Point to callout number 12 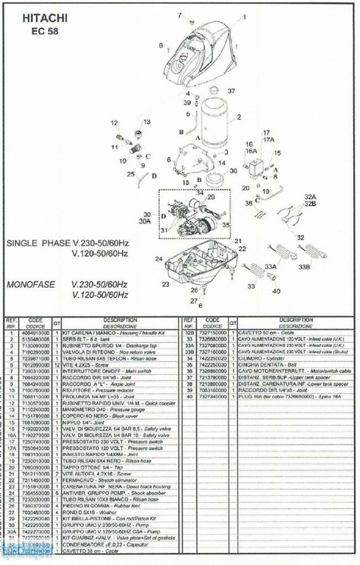click(x=114, y=122)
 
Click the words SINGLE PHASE click(x=37, y=243)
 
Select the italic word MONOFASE click(x=33, y=284)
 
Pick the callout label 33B click(x=304, y=267)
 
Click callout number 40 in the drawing click(x=276, y=290)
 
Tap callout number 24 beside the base click(x=158, y=258)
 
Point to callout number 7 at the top click(x=180, y=15)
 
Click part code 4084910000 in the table click(x=37, y=331)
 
